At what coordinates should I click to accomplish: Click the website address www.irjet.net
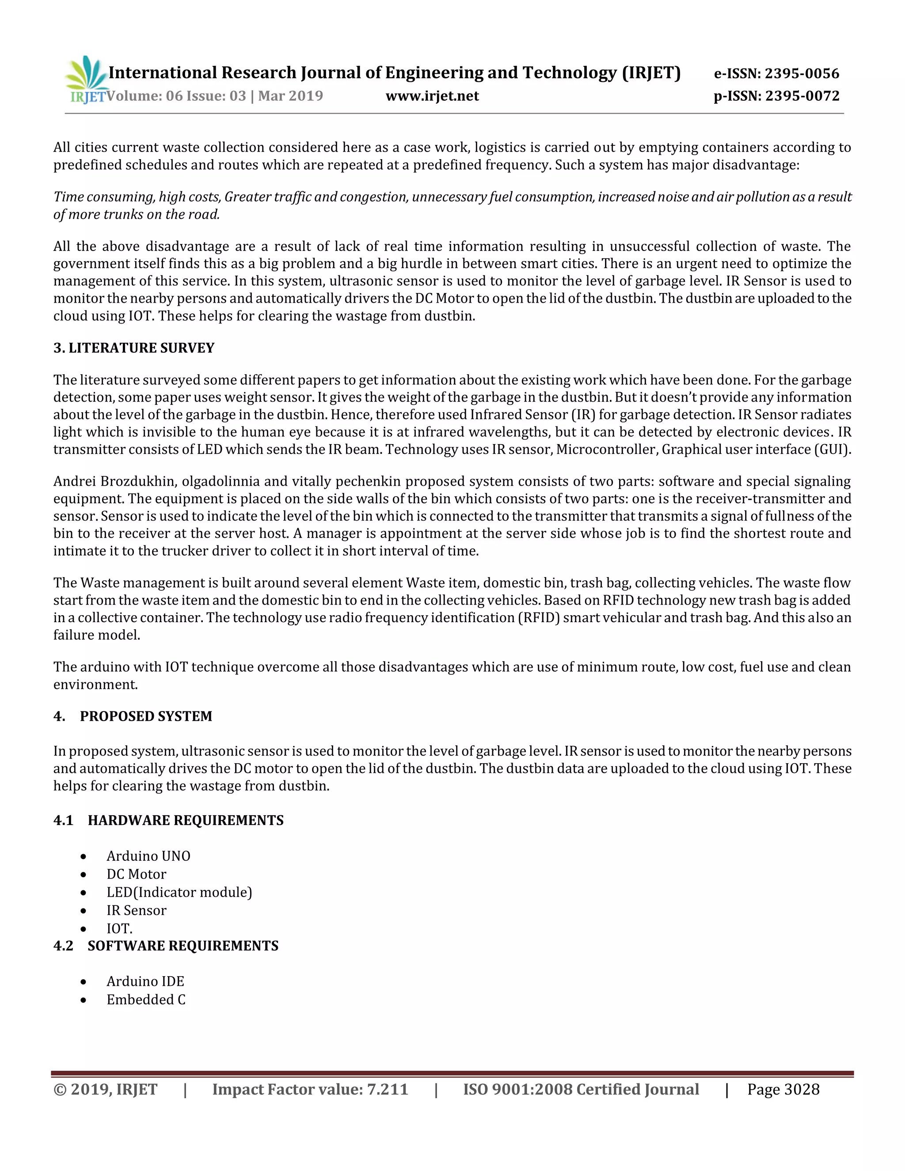(432, 96)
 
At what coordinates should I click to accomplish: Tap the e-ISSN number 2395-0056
(802, 73)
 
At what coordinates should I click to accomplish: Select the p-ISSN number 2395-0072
(802, 96)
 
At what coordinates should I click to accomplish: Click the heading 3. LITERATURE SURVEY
(133, 348)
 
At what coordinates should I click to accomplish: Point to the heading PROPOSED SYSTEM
(146, 716)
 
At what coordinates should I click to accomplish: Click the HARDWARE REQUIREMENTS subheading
(186, 820)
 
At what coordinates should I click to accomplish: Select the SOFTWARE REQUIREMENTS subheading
(183, 945)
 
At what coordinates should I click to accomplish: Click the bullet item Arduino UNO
(148, 856)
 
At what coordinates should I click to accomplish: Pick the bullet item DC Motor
(136, 874)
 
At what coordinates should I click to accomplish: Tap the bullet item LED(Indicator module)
(179, 892)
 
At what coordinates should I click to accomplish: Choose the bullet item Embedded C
(146, 1000)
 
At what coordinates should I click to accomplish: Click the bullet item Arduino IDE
(145, 981)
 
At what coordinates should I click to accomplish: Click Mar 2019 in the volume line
(291, 96)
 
